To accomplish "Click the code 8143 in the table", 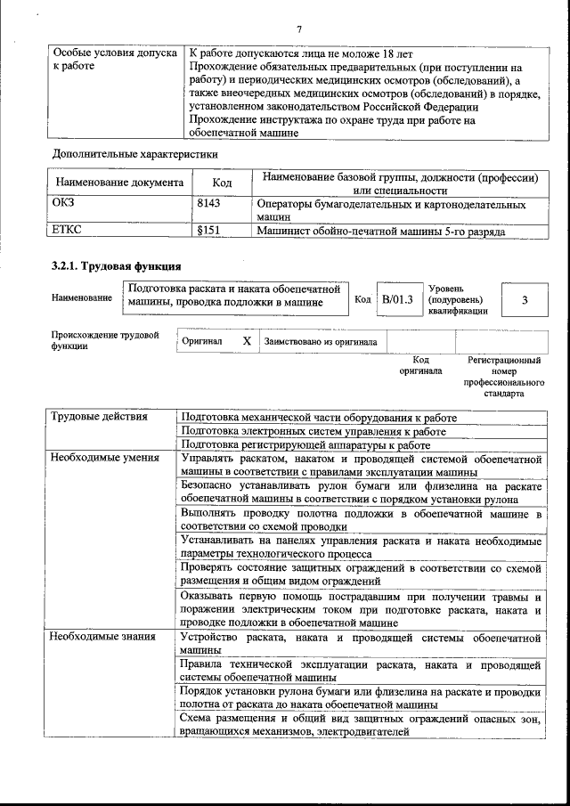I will tap(208, 204).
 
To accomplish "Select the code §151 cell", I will tap(208, 231).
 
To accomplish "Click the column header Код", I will tap(222, 183).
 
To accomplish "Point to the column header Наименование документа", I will tap(120, 183).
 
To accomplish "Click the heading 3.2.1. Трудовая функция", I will tap(117, 266).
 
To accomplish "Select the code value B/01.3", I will tap(396, 299).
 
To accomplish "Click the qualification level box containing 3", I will tap(525, 300).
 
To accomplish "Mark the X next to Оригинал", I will tap(247, 341).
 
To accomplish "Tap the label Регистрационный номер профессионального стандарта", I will tap(504, 376).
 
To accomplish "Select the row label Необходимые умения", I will tap(104, 458).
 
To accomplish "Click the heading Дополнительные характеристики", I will tap(134, 153).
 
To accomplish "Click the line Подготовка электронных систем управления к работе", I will tap(313, 430).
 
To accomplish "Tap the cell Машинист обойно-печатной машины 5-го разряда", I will tap(381, 231).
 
